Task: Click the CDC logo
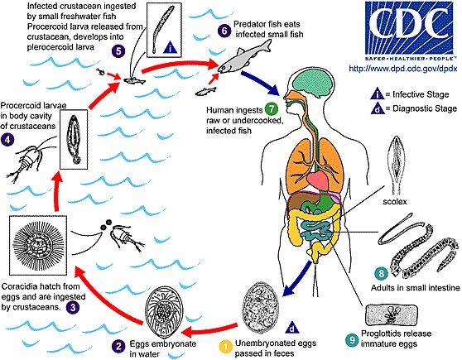(409, 31)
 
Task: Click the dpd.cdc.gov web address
(402, 69)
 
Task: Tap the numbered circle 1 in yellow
(226, 347)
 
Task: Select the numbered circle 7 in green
(272, 109)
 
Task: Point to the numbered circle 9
(352, 340)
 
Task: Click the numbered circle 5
(118, 51)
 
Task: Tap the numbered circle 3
(73, 308)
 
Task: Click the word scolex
(395, 201)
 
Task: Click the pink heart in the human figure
(318, 180)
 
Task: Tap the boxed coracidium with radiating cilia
(38, 245)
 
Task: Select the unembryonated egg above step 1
(260, 307)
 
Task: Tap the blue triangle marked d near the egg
(292, 327)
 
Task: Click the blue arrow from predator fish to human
(260, 83)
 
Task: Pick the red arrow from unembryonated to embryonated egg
(209, 330)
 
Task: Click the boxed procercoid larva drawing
(74, 139)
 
